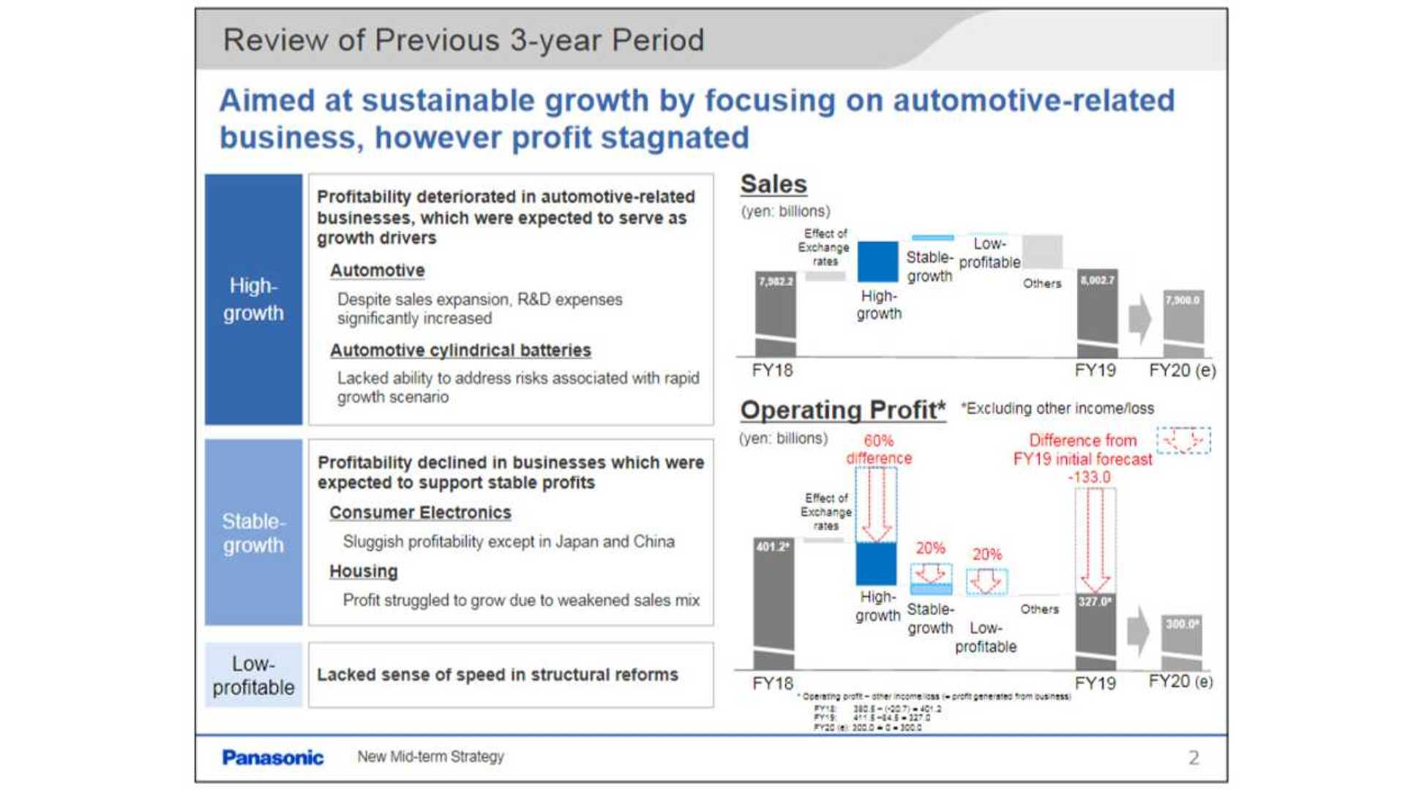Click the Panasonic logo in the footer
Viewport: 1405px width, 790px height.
[272, 758]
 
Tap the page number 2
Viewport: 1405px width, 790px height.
[1194, 758]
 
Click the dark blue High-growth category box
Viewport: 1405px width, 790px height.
[253, 299]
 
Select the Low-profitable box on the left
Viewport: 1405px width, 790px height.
[253, 675]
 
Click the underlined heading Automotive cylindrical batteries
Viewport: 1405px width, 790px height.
[460, 350]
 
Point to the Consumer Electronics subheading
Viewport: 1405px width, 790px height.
[420, 513]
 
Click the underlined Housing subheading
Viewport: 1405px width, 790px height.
[363, 571]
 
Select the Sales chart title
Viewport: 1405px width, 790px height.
[773, 184]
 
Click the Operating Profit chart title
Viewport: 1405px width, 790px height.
[842, 410]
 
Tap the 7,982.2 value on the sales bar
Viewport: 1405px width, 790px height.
[776, 282]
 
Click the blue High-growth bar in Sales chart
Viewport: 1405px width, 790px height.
[877, 261]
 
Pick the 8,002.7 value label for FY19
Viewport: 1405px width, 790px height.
[1097, 280]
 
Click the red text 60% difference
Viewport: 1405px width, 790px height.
[879, 449]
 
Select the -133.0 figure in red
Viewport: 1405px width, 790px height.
[1089, 478]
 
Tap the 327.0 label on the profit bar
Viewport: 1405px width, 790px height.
[1095, 601]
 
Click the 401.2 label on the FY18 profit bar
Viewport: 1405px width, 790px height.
[773, 546]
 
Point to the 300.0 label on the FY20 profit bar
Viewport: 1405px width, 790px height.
[1182, 624]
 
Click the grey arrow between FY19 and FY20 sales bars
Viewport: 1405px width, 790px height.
[1139, 319]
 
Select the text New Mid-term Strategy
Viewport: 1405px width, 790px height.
[430, 757]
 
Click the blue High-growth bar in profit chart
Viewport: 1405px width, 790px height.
[876, 563]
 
